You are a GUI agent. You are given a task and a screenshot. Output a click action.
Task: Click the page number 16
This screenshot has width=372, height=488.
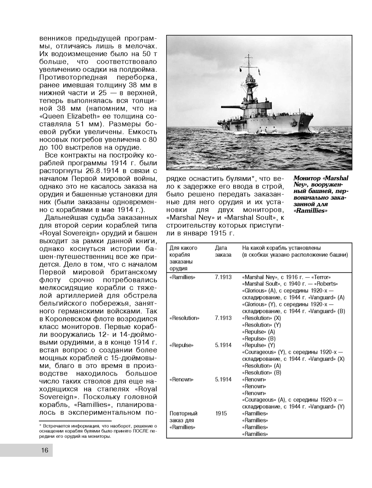click(x=45, y=450)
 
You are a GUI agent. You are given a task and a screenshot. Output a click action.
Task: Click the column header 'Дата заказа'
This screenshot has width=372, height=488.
click(x=223, y=251)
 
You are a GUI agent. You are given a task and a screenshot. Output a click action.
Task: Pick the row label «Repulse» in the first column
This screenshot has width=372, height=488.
click(x=181, y=345)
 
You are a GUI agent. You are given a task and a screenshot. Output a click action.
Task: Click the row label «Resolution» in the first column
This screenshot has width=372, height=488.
click(x=184, y=318)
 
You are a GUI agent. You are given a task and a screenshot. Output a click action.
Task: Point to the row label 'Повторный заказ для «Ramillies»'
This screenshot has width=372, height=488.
click(x=183, y=420)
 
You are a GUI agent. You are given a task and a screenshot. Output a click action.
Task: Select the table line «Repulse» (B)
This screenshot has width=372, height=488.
click(x=259, y=338)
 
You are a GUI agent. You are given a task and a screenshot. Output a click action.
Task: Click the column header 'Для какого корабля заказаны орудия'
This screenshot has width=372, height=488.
click(x=183, y=258)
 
